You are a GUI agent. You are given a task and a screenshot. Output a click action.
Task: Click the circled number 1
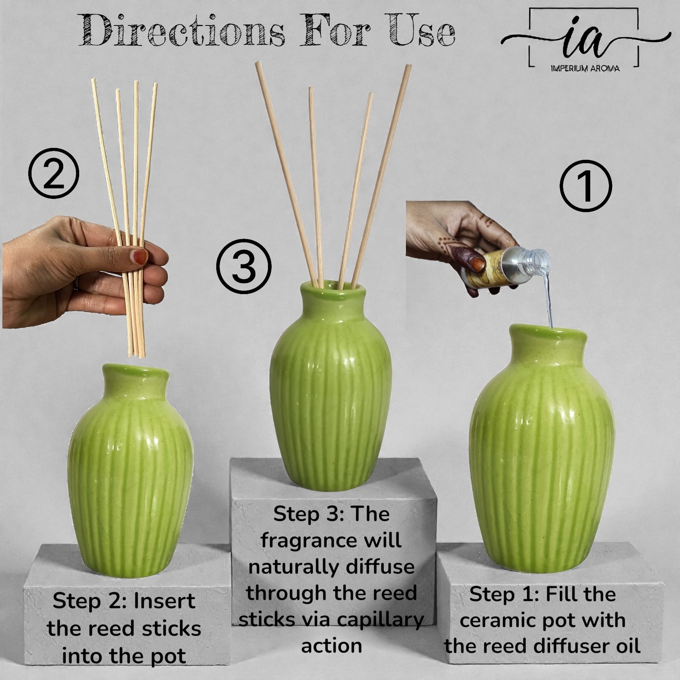coord(585,186)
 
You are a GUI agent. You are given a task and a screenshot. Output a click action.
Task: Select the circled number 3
coord(244,266)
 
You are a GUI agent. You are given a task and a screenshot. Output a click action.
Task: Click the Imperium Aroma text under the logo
coord(585,68)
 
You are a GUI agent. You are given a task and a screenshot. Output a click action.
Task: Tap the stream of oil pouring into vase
coord(548,297)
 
